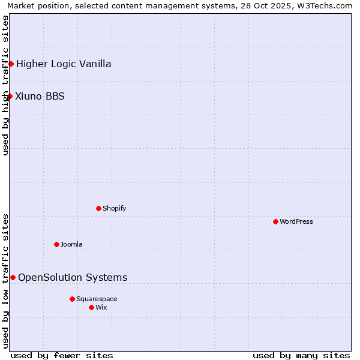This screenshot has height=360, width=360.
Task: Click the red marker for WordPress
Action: (x=275, y=221)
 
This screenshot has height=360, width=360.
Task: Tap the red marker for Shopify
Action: (x=98, y=208)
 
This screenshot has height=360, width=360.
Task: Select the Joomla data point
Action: (x=56, y=244)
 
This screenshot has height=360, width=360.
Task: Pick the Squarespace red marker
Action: (x=72, y=299)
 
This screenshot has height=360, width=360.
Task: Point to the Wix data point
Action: (x=91, y=307)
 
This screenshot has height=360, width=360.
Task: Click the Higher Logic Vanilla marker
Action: (x=11, y=64)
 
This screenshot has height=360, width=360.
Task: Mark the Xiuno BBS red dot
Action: (x=10, y=96)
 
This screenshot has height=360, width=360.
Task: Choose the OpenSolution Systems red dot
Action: (x=13, y=277)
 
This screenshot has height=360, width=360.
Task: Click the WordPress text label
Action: (x=296, y=221)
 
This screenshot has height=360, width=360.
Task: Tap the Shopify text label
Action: (x=114, y=208)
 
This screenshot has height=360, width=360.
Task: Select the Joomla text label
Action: (x=71, y=244)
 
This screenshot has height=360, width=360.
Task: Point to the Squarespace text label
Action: (x=97, y=299)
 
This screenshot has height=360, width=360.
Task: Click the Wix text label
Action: (x=101, y=307)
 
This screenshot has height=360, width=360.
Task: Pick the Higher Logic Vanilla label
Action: (x=64, y=64)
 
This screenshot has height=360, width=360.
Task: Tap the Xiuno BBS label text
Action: (x=40, y=96)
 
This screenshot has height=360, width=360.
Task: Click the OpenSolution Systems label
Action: (x=73, y=277)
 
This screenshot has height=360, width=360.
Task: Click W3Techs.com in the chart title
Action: (x=326, y=5)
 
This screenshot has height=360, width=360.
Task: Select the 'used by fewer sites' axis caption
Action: (x=62, y=355)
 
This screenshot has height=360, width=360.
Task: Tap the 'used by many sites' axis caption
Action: (x=301, y=355)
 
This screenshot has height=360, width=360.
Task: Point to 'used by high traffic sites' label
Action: (x=5, y=85)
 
